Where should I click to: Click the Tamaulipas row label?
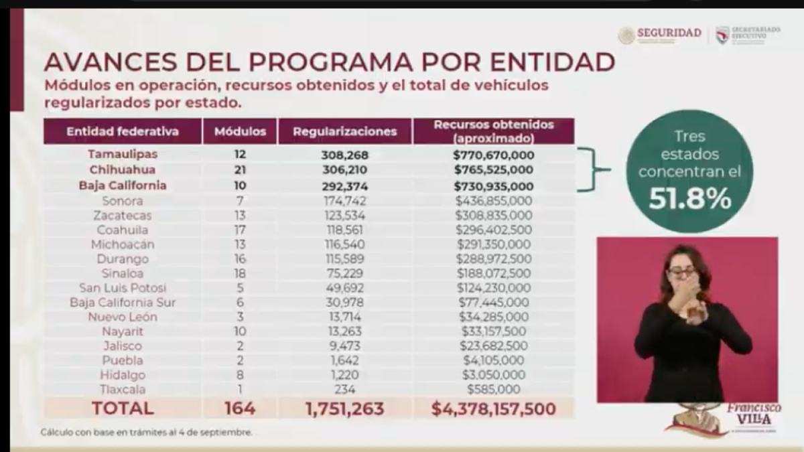coord(122,155)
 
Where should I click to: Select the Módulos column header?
coord(240,132)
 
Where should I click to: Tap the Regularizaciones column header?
coord(344,132)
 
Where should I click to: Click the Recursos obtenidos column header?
coord(494,131)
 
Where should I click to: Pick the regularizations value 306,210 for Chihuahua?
coord(344,170)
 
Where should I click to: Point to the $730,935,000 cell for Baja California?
coord(494,185)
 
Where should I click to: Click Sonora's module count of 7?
coord(240,201)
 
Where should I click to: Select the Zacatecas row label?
coord(122,216)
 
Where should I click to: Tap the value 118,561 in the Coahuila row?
coord(344,230)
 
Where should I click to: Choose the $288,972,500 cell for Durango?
coord(494,259)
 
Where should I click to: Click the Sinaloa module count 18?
coord(240,274)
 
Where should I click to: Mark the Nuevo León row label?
coord(122,317)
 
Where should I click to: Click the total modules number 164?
coord(240,408)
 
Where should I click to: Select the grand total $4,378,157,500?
coord(494,408)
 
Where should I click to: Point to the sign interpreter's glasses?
coord(682,271)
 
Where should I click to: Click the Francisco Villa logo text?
coord(754,415)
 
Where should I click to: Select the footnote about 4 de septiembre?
coord(146,433)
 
